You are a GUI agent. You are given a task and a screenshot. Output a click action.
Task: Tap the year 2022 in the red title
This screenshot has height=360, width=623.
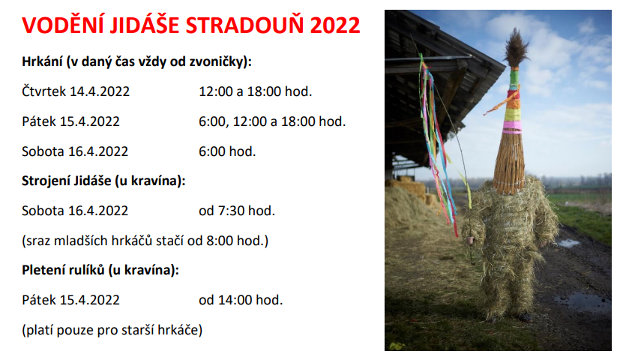pos(335,25)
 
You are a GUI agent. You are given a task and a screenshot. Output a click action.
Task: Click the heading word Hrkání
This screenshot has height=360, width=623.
pos(42,61)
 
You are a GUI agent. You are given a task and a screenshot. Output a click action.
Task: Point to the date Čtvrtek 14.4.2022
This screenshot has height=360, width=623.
pos(76,91)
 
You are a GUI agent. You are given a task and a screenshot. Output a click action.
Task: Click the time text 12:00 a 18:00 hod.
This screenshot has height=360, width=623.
pos(256,91)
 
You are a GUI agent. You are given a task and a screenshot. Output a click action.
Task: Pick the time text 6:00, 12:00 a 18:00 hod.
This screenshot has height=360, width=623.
pos(272,121)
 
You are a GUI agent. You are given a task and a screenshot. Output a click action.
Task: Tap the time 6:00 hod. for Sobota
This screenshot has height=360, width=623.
pos(227,151)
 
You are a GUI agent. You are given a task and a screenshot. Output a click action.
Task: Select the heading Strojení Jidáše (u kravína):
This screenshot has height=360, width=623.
pos(103,181)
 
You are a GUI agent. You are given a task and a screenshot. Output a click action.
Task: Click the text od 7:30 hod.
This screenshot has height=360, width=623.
pos(237,211)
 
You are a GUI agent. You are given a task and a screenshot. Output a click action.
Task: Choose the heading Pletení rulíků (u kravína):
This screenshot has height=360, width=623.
pos(100,270)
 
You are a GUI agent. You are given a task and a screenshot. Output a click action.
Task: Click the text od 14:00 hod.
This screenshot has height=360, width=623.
pos(241,300)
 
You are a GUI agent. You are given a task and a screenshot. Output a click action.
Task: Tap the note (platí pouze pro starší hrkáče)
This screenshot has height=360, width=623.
pos(112,330)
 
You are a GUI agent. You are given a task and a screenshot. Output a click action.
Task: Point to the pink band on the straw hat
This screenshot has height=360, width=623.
pos(512,127)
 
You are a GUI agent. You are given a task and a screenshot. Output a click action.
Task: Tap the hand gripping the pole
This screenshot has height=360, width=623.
pos(471,240)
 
